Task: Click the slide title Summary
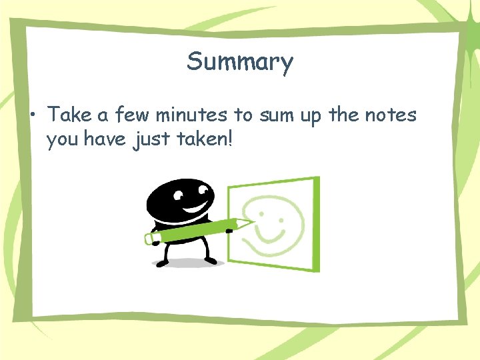(x=240, y=62)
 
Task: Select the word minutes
(x=191, y=115)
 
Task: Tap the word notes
(x=390, y=115)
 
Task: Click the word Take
(x=70, y=115)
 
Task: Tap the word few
(x=133, y=115)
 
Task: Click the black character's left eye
(x=178, y=195)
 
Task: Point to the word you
(x=62, y=141)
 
